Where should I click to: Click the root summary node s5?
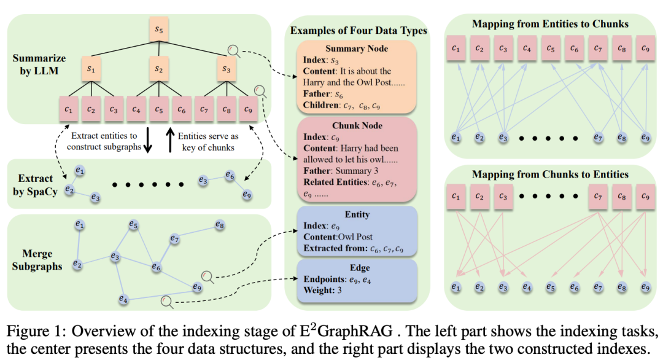[x=159, y=29]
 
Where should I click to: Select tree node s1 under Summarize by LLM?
[x=91, y=69]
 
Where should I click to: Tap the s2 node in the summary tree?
[x=159, y=69]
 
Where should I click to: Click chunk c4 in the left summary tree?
[x=136, y=109]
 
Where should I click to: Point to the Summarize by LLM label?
[x=39, y=65]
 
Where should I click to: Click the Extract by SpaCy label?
[x=35, y=185]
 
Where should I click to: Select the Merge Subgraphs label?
[x=37, y=260]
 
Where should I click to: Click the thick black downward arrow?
[x=147, y=140]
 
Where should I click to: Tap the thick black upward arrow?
[x=170, y=140]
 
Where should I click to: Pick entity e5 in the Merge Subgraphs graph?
[x=134, y=224]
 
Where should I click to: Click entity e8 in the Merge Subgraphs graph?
[x=219, y=225]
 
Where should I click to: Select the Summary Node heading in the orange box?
[x=357, y=49]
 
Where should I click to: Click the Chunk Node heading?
[x=357, y=125]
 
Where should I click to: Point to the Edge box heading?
[x=360, y=267]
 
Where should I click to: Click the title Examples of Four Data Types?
[x=359, y=31]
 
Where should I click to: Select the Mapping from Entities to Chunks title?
[x=550, y=24]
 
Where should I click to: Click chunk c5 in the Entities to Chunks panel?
[x=551, y=49]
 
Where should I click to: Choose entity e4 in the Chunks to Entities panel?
[x=527, y=287]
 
